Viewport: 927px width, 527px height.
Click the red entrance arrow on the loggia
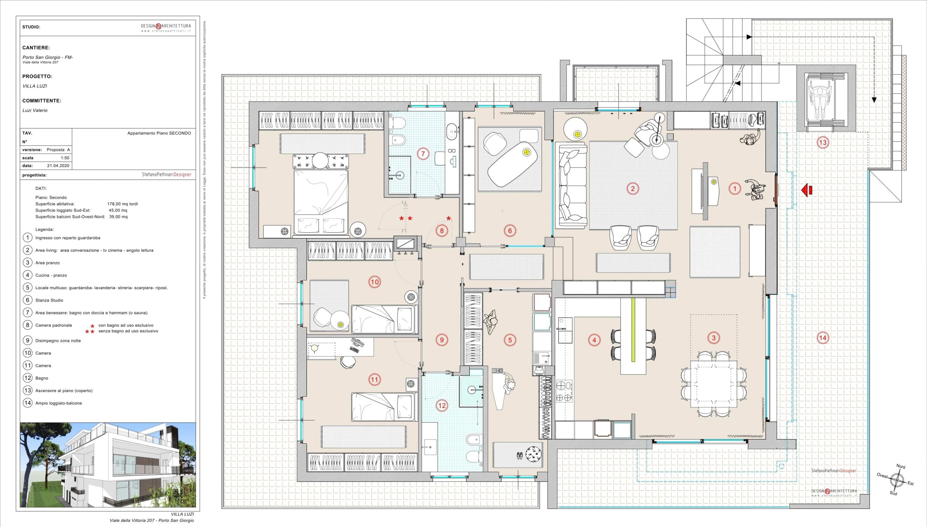click(807, 189)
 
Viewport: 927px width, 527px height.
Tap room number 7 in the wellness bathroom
click(423, 153)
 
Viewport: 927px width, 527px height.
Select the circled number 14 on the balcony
click(823, 338)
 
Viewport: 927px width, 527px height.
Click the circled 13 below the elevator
click(823, 142)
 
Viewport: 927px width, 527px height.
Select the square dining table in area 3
click(713, 384)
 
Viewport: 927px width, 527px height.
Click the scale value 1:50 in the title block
click(65, 158)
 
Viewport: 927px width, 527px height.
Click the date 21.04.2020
click(58, 166)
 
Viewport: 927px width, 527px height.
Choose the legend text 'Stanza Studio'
click(49, 300)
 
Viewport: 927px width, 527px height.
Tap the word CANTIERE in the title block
click(36, 48)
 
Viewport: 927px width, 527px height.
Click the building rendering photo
click(108, 465)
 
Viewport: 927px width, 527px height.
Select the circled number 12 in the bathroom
click(442, 405)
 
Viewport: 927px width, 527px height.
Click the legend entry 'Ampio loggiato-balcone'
click(59, 403)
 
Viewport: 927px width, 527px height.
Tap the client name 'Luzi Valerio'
click(35, 110)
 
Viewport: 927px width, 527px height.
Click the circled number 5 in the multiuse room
click(510, 340)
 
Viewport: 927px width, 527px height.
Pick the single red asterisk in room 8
click(449, 219)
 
